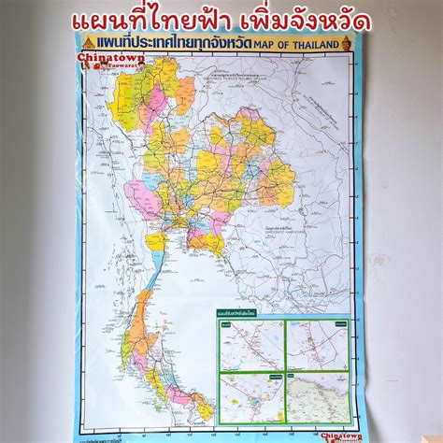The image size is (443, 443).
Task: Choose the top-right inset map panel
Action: [x=316, y=343]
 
